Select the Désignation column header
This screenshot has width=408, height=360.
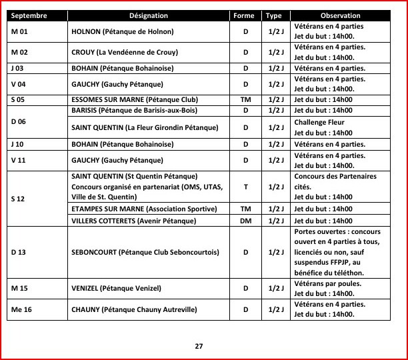coord(149,15)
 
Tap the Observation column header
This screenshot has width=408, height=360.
coord(340,15)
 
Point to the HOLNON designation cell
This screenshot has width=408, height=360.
coord(122,31)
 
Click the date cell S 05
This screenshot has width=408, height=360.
coord(18,100)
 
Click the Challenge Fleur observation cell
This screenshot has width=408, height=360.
coord(323,127)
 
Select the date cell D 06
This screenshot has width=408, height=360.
coord(19,121)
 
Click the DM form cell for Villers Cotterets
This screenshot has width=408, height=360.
coord(245,221)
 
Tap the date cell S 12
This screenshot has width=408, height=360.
coord(19,199)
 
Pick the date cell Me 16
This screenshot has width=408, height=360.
coord(21,309)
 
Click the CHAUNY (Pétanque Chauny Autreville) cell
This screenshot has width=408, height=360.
coord(134,309)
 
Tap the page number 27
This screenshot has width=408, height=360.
coord(199,346)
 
